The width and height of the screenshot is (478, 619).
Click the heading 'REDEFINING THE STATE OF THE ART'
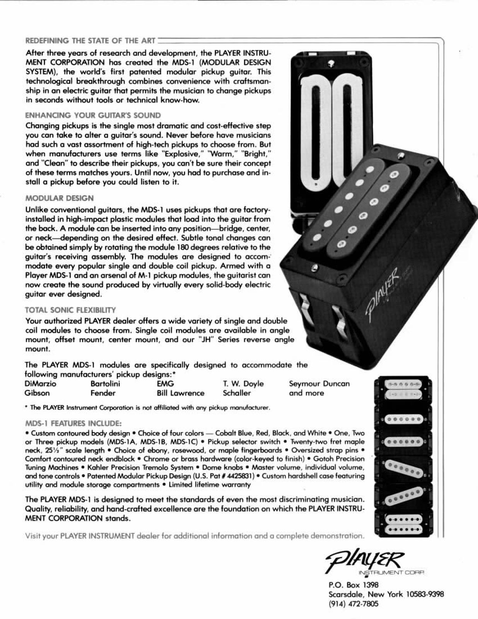click(x=90, y=41)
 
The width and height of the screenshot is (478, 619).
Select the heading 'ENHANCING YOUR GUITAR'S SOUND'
click(x=93, y=115)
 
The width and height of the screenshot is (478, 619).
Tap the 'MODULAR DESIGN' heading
click(x=59, y=198)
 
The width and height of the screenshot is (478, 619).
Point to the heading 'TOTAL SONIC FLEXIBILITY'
click(x=70, y=310)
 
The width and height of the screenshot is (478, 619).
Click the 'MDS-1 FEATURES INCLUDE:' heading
click(x=73, y=423)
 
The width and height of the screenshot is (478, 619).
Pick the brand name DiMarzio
click(x=40, y=384)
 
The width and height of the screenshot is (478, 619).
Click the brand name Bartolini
click(x=105, y=384)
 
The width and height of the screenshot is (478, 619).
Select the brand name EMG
click(x=165, y=384)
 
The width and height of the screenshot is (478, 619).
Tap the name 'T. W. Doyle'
click(x=243, y=384)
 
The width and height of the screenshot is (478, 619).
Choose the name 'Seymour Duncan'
click(x=319, y=384)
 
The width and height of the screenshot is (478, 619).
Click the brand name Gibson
click(x=37, y=393)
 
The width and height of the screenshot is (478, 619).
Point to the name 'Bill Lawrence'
click(x=180, y=393)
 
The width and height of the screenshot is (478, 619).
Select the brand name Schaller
click(x=237, y=393)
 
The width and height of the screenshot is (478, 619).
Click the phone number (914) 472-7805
click(x=353, y=604)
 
